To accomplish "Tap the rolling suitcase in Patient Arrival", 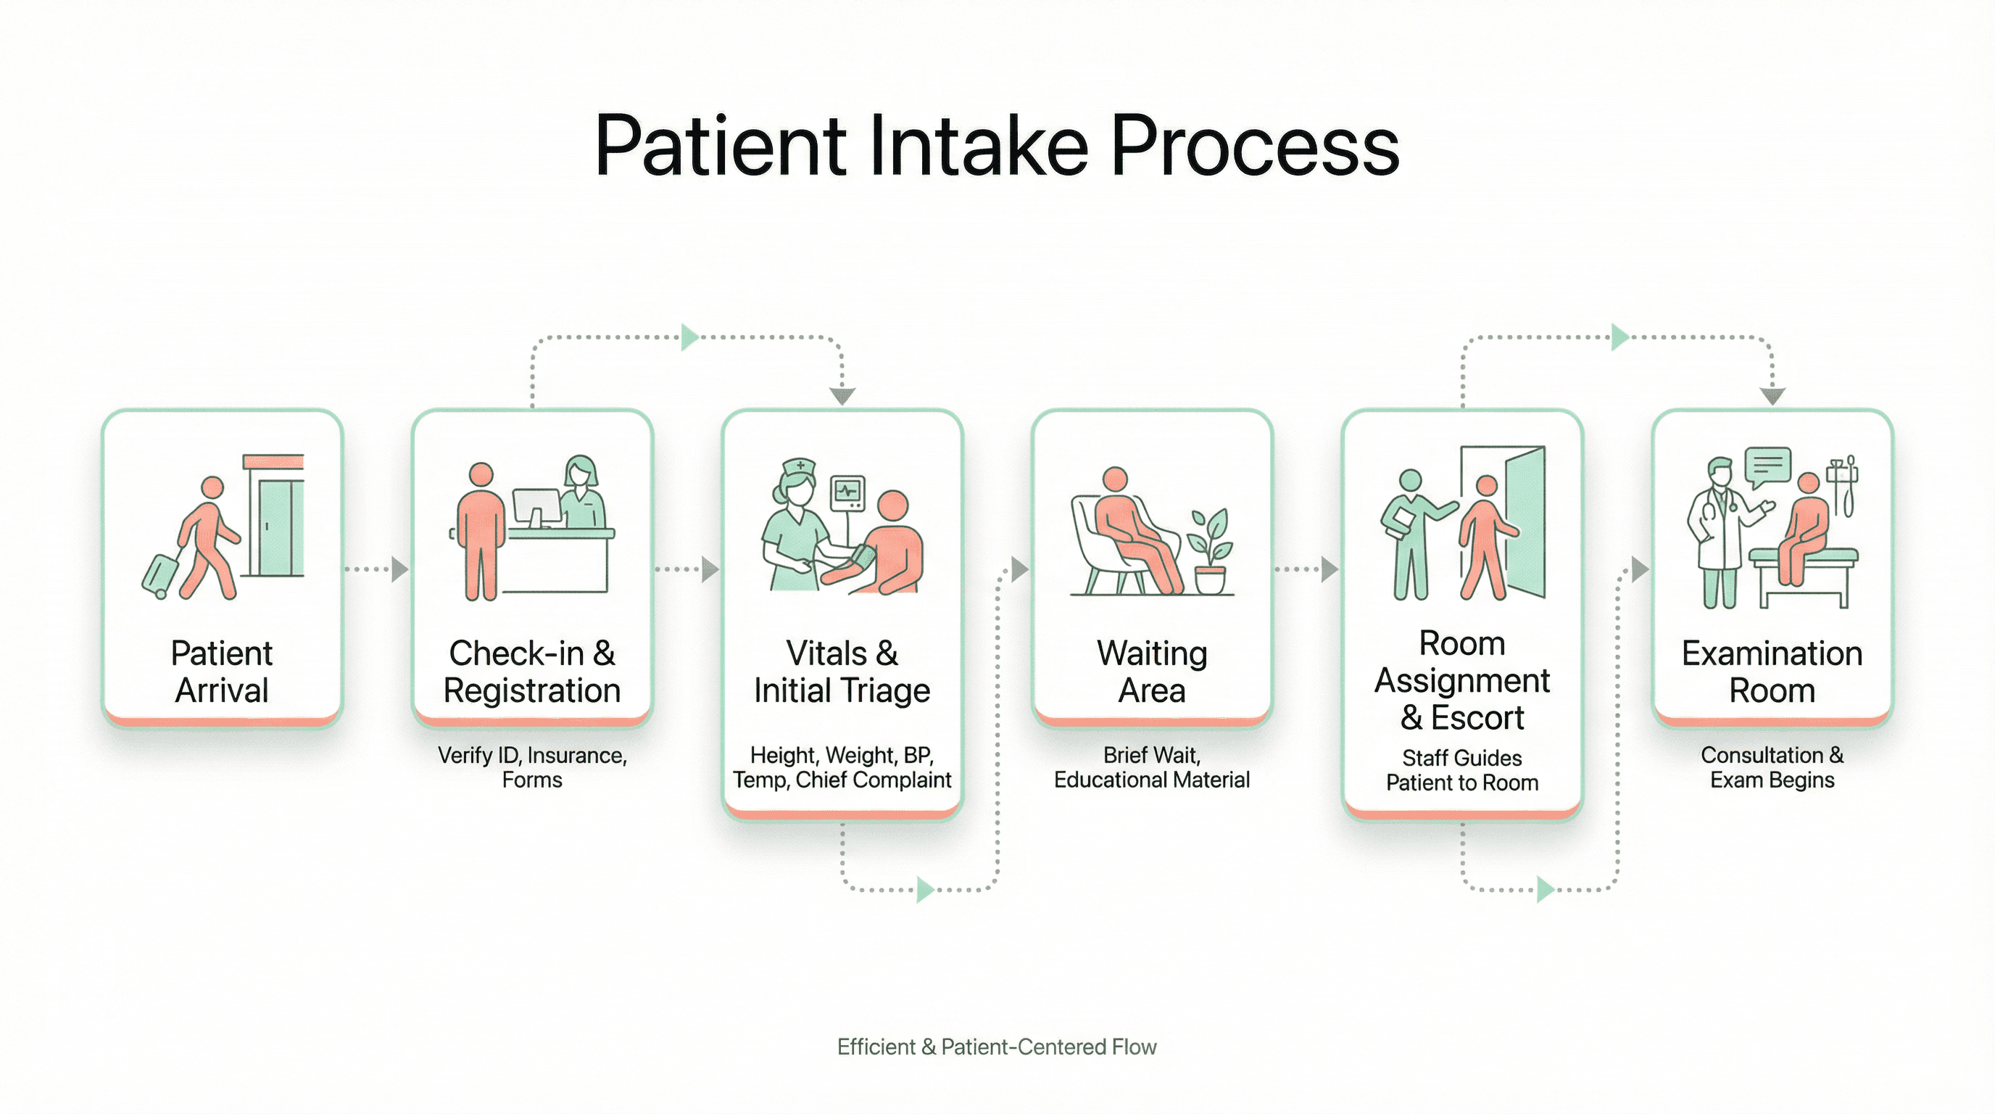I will [160, 574].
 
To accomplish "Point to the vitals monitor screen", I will [847, 491].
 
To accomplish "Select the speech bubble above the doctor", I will [1767, 466].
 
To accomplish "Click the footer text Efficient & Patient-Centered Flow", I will [997, 1047].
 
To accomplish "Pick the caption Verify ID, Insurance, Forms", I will [532, 767].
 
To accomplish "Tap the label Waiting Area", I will [1152, 672].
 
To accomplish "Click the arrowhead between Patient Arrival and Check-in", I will [399, 569].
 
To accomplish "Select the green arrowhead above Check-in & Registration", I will [689, 337].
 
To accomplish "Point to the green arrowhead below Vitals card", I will [925, 889].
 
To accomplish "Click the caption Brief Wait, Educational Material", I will [1152, 767].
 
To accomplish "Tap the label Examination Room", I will [1772, 672].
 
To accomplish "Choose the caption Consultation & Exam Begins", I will [1772, 767].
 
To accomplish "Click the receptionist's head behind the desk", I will [580, 471].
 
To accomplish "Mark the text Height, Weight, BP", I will [842, 754].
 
